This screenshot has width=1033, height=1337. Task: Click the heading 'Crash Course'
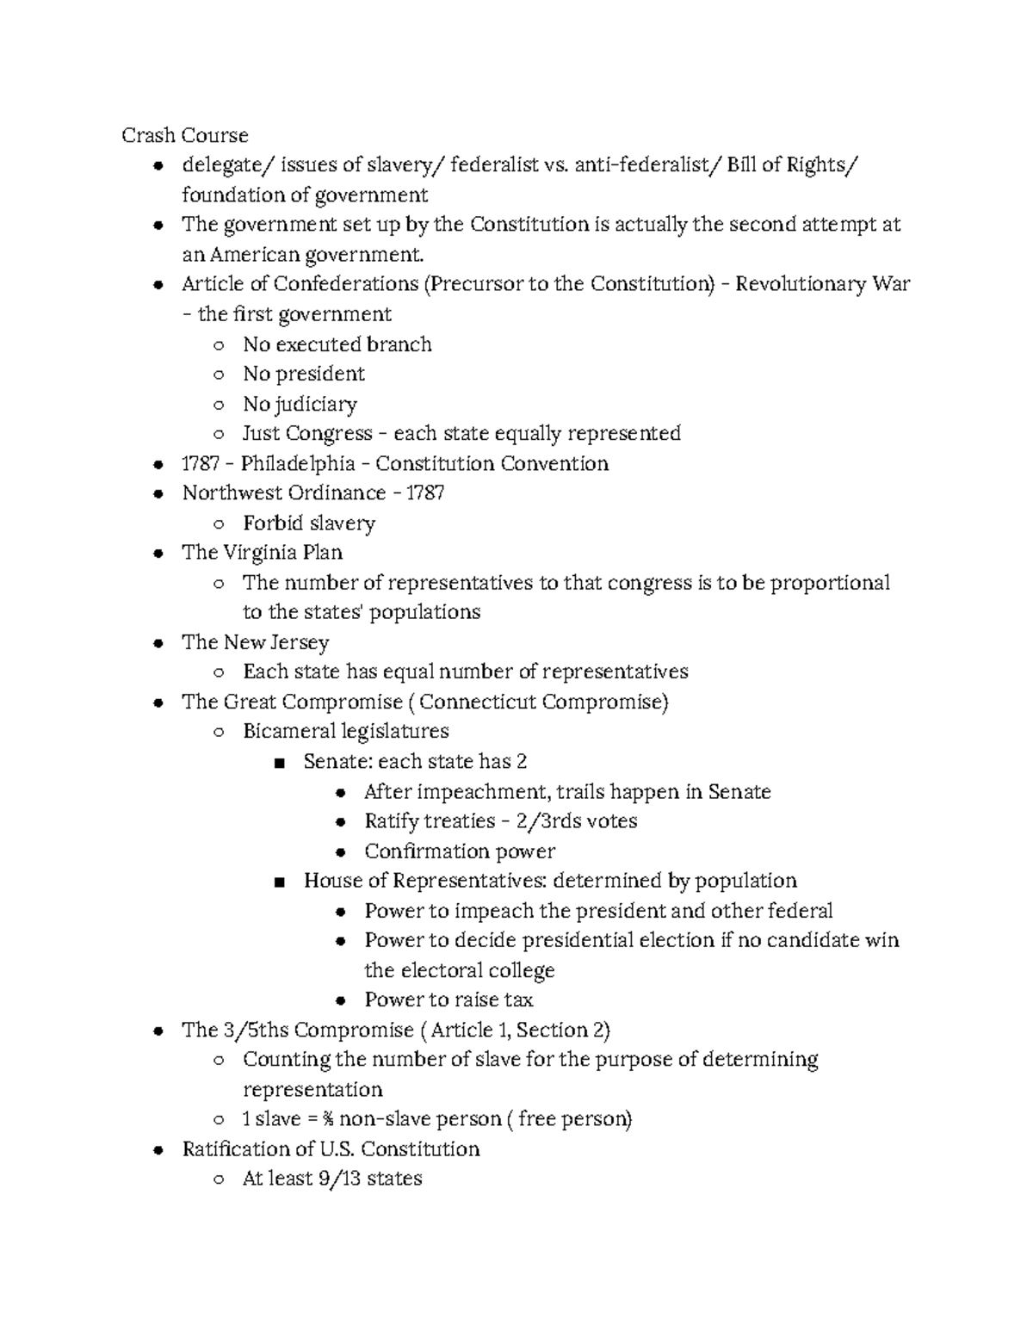[184, 135]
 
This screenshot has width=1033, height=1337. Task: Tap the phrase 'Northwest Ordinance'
[283, 492]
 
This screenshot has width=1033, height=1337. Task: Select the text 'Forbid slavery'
[308, 523]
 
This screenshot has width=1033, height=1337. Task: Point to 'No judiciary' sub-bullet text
[300, 404]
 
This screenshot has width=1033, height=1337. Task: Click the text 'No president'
[303, 374]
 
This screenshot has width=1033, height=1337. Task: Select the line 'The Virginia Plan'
[262, 552]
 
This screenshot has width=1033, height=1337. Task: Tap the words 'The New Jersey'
[255, 642]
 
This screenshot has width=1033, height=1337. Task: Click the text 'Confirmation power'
[459, 851]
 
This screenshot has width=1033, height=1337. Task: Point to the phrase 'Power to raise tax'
[448, 1000]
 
